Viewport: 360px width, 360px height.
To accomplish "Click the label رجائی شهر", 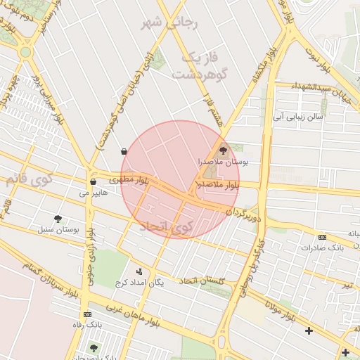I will (x=171, y=24).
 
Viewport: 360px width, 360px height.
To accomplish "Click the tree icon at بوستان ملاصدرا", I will (x=224, y=150).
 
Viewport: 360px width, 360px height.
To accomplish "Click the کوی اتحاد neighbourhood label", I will (x=166, y=226).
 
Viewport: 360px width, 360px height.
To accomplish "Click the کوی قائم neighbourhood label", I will (x=30, y=179).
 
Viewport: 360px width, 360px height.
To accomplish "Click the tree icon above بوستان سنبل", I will (x=58, y=219).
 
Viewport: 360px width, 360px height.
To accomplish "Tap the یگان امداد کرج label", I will (x=139, y=282).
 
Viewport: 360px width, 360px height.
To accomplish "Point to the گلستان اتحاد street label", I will (x=202, y=281).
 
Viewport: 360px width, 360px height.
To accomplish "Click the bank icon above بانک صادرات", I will (x=322, y=237).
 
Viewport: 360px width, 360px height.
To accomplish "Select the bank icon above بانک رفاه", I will (x=87, y=314).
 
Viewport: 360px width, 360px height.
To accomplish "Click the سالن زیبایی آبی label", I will (x=298, y=117).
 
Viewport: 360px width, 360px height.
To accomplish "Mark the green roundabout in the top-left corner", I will (x=25, y=51).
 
